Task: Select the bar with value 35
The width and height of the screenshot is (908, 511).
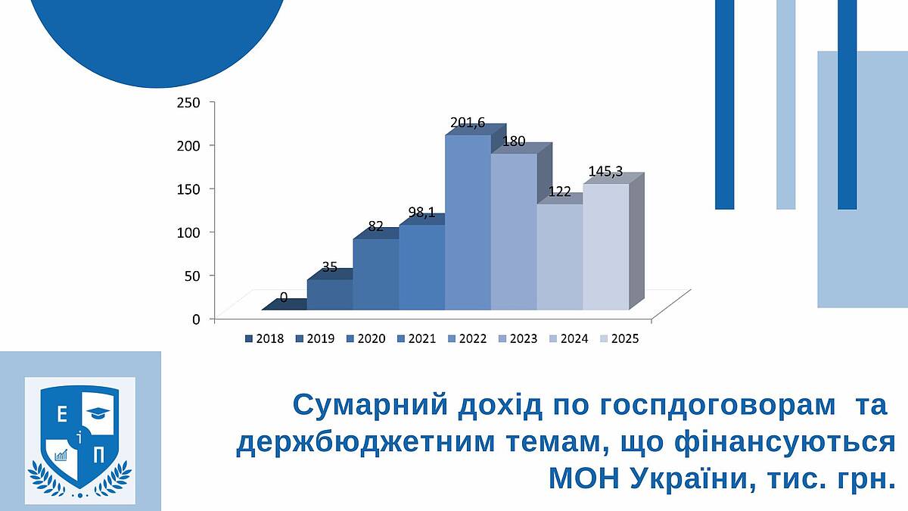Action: (330, 294)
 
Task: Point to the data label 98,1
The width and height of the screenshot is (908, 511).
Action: (422, 212)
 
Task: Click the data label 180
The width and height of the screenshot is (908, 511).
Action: (514, 141)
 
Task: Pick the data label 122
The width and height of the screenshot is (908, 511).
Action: (559, 192)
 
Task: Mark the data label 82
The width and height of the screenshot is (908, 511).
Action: (376, 226)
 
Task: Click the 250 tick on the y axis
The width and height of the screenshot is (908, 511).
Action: (188, 103)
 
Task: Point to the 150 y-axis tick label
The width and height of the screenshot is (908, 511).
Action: (188, 189)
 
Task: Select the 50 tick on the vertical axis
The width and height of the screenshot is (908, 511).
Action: (192, 276)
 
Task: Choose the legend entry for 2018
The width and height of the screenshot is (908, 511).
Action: (264, 338)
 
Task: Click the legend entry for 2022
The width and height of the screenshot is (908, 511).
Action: (467, 338)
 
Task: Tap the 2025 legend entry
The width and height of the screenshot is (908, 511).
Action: (619, 338)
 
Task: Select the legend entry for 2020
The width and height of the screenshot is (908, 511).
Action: (365, 338)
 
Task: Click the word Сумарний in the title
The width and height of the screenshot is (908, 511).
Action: (371, 405)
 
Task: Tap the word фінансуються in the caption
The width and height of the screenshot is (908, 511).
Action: (785, 442)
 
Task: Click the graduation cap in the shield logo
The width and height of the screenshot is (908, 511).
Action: (98, 413)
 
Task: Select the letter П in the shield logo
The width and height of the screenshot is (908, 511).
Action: (98, 456)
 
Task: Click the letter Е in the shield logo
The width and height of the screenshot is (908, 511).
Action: (62, 416)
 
